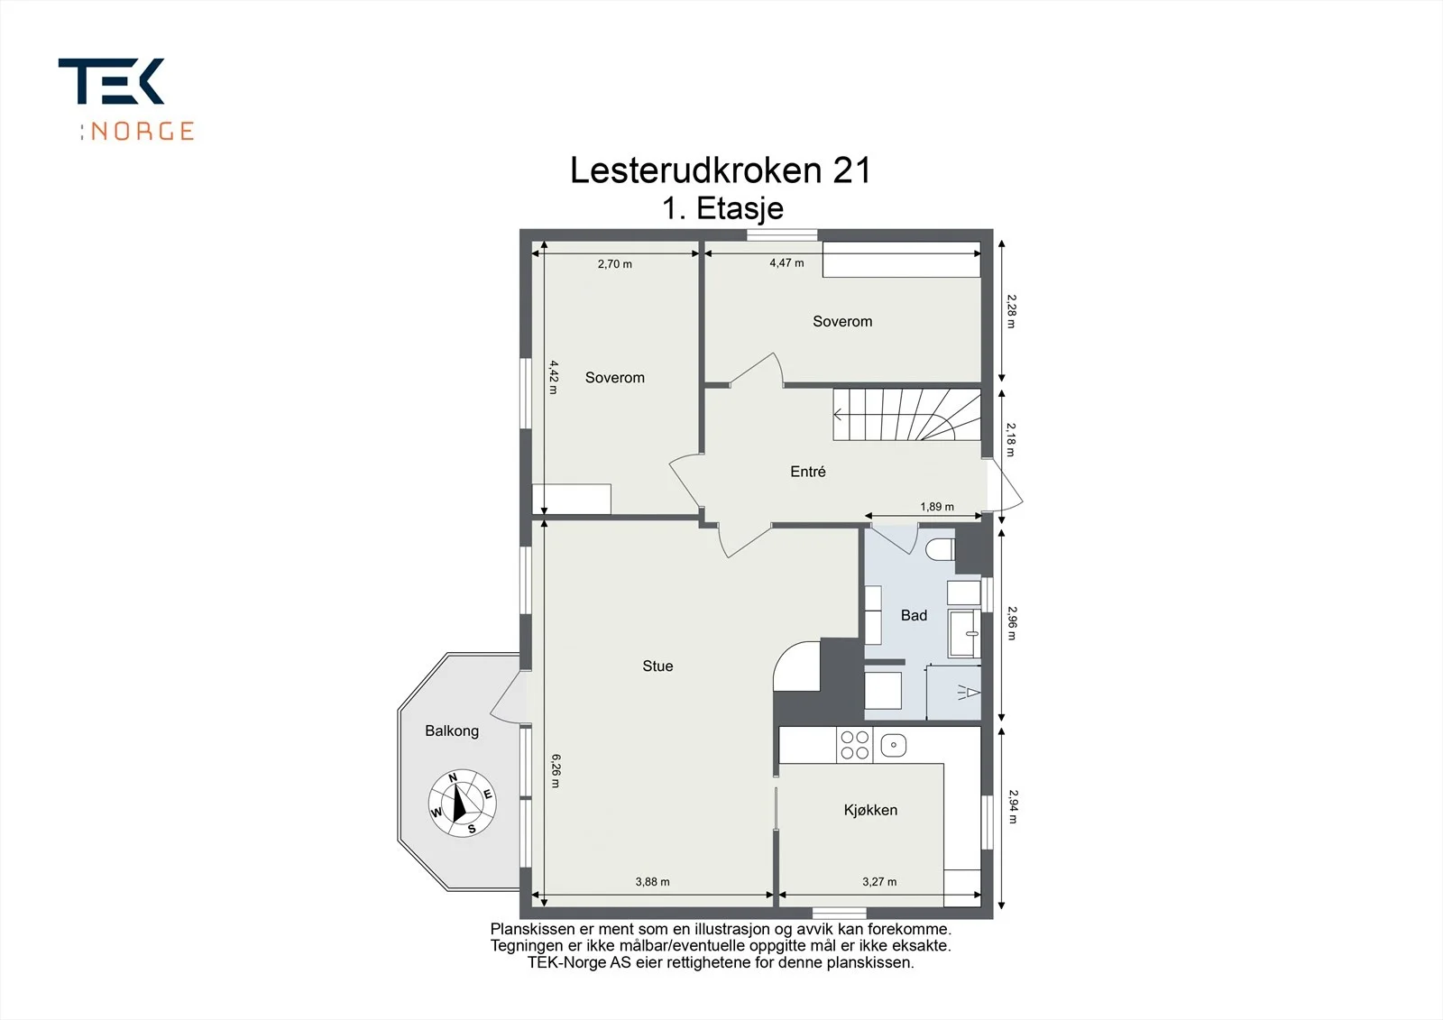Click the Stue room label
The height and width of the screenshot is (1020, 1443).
pyautogui.click(x=657, y=666)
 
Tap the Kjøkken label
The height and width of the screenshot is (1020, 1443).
pyautogui.click(x=870, y=810)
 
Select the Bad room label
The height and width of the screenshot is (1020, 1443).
pyautogui.click(x=914, y=615)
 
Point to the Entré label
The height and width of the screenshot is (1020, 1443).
pyautogui.click(x=808, y=471)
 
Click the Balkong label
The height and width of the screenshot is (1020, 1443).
pyautogui.click(x=452, y=731)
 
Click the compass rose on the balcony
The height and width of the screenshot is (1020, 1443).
pyautogui.click(x=462, y=804)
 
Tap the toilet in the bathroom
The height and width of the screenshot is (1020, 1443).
pyautogui.click(x=941, y=549)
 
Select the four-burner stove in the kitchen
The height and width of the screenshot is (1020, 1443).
pyautogui.click(x=855, y=745)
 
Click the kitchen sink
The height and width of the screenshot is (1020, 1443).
pyautogui.click(x=893, y=745)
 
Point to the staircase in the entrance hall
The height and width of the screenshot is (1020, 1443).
pyautogui.click(x=906, y=414)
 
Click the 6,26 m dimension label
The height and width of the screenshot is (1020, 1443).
pyautogui.click(x=556, y=771)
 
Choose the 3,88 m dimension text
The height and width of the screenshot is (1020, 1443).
pyautogui.click(x=653, y=881)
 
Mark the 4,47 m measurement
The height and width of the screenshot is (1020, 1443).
pyautogui.click(x=786, y=263)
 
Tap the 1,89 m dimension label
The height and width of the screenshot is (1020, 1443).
pyautogui.click(x=937, y=507)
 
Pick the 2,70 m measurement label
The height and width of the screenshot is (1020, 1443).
pyautogui.click(x=614, y=263)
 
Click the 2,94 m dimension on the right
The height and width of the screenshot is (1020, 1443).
pyautogui.click(x=1013, y=807)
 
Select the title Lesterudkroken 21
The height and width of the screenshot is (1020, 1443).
pyautogui.click(x=721, y=170)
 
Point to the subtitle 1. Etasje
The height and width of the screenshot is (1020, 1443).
pyautogui.click(x=722, y=208)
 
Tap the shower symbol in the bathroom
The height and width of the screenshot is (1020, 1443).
pyautogui.click(x=968, y=693)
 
